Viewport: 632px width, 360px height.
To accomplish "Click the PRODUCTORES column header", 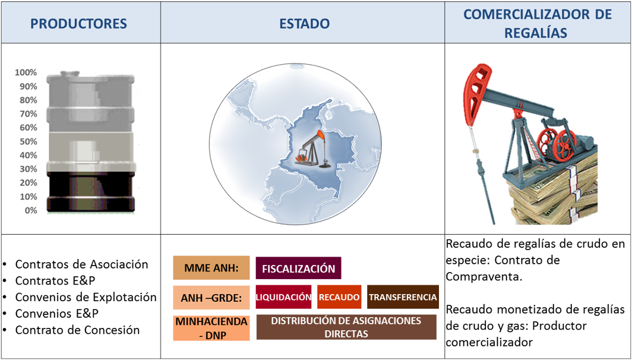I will pyautogui.click(x=78, y=24).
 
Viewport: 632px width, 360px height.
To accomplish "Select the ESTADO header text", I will pyautogui.click(x=304, y=24).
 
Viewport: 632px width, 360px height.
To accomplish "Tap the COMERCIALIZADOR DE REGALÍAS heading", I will pyautogui.click(x=537, y=24).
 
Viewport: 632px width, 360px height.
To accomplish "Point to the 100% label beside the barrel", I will pyautogui.click(x=26, y=72).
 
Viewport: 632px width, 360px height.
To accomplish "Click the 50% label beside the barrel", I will pyautogui.click(x=27, y=141).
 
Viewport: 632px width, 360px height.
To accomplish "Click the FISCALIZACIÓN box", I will pyautogui.click(x=298, y=269).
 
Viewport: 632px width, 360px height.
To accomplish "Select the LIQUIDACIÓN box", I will pyautogui.click(x=283, y=297).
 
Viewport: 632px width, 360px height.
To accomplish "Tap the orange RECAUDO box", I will pyautogui.click(x=339, y=297).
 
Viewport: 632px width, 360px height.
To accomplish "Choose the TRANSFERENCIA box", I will pyautogui.click(x=402, y=297).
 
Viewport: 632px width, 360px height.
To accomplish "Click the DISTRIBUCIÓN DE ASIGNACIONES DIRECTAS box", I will pyautogui.click(x=346, y=327).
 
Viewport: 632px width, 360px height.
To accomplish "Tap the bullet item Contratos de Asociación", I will pyautogui.click(x=81, y=264).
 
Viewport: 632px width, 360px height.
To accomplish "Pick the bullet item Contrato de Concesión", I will pyautogui.click(x=77, y=330).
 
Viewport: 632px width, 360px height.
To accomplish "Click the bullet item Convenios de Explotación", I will pyautogui.click(x=86, y=297).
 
